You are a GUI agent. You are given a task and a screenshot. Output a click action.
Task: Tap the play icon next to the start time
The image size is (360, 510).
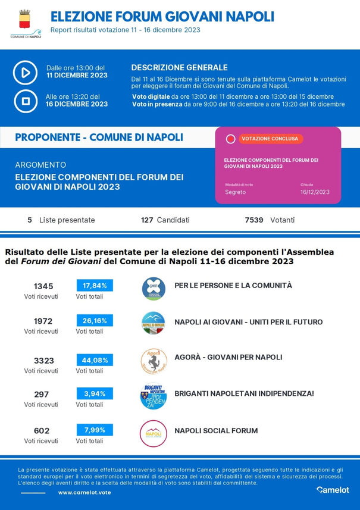point(26,73)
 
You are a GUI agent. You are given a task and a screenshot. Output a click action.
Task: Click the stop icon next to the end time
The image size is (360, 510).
point(26,101)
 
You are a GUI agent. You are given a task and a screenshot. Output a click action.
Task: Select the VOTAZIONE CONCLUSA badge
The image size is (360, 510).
point(270,139)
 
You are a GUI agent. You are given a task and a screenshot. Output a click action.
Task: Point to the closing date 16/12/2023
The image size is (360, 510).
point(315,192)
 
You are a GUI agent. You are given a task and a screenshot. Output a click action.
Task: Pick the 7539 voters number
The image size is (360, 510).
point(254,220)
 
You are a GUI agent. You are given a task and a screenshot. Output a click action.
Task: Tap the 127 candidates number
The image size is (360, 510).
point(147,220)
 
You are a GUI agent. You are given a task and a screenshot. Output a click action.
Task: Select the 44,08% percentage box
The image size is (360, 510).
point(95,359)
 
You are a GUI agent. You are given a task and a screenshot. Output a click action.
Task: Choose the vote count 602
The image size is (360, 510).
point(42,431)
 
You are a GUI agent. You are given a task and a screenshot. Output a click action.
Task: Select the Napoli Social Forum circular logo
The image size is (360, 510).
point(153,433)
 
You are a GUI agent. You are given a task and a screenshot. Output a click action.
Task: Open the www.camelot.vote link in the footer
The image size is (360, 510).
point(84,493)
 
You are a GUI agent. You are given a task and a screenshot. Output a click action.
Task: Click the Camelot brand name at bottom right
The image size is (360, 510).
point(333,490)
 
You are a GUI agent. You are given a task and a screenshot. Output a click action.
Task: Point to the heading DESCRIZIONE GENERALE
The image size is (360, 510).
point(179,67)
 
